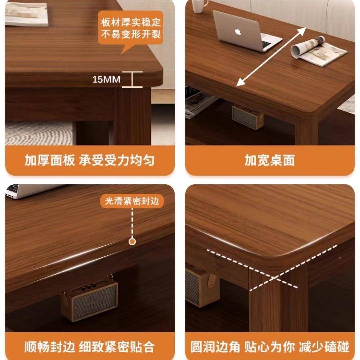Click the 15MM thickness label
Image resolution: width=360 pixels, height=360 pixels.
click(106, 80)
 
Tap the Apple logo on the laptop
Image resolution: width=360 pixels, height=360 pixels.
click(238, 32)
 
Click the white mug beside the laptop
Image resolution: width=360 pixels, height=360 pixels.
click(199, 6)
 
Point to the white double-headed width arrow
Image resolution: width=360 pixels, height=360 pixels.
click(272, 57)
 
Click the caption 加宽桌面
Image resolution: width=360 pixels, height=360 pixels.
click(269, 160)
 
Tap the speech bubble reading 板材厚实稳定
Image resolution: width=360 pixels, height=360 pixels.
click(131, 29)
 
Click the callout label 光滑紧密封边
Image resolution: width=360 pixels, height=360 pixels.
click(132, 201)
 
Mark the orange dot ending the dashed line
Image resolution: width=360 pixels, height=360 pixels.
click(132, 241)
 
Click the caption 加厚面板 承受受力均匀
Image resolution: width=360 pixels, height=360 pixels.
click(90, 160)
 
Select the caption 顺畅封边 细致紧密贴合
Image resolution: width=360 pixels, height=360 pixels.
click(90, 347)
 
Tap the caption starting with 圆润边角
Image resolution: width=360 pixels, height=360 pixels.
click(270, 347)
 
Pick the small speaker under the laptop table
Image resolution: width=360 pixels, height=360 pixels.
click(248, 116)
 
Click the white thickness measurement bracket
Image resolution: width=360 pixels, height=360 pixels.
click(132, 79)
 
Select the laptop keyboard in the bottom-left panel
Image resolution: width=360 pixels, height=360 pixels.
click(13, 189)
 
